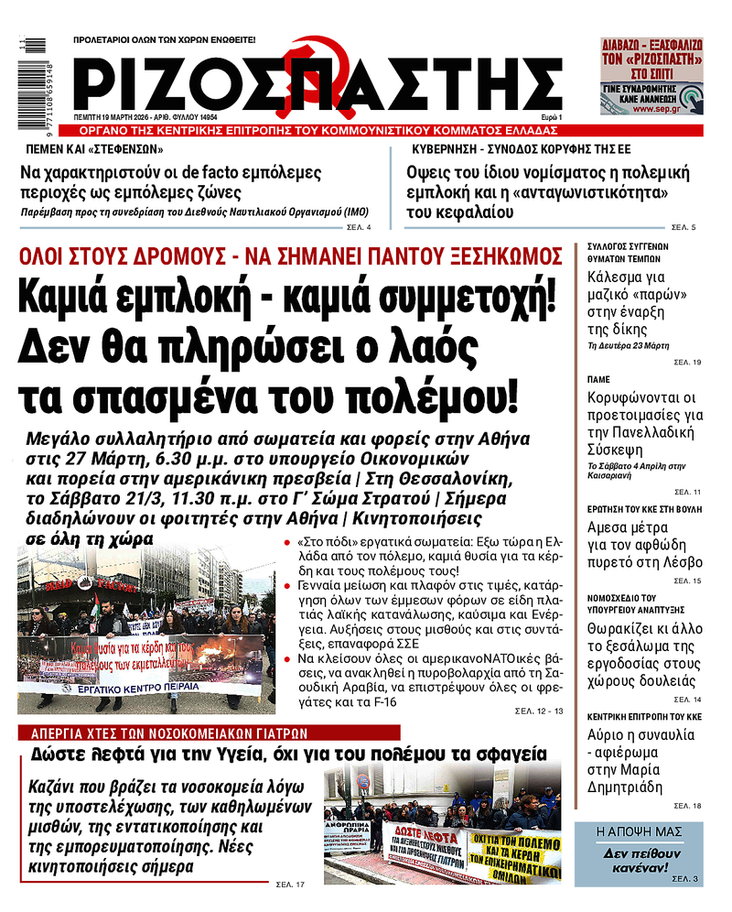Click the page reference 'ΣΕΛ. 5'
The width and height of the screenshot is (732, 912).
click(684, 226)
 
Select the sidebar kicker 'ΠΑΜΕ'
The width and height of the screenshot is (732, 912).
click(597, 377)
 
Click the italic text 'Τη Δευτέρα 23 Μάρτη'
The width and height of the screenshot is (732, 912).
click(628, 346)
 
